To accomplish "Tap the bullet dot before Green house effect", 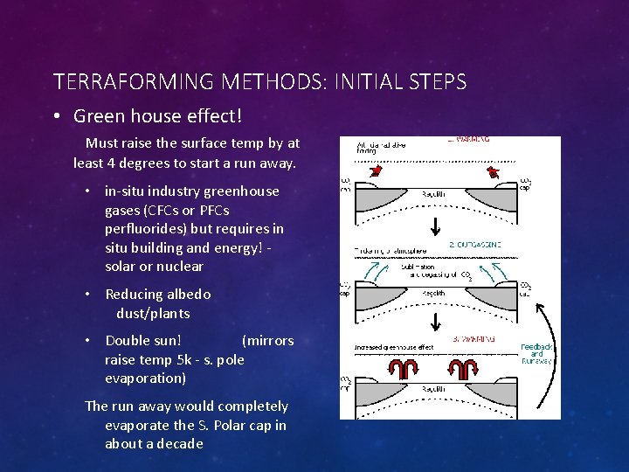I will pyautogui.click(x=57, y=116).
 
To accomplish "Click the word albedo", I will pyautogui.click(x=187, y=295).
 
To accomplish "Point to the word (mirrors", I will pyautogui.click(x=267, y=341).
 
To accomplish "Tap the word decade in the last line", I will pyautogui.click(x=180, y=443).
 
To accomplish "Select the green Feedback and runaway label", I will pyautogui.click(x=536, y=353).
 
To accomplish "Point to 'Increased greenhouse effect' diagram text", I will pyautogui.click(x=394, y=347).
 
